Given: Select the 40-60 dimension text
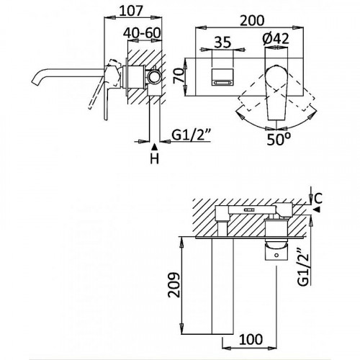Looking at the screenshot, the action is (142, 32).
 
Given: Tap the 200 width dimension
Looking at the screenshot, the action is (252, 20).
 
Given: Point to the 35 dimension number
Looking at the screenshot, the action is (222, 42).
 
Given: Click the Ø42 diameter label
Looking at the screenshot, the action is (276, 38).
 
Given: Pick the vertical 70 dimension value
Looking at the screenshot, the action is (180, 76).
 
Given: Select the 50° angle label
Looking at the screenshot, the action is (279, 139).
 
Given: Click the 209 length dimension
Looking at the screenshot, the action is (174, 285).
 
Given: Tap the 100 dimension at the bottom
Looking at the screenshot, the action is (251, 339).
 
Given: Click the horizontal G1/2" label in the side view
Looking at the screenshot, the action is (192, 135).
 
